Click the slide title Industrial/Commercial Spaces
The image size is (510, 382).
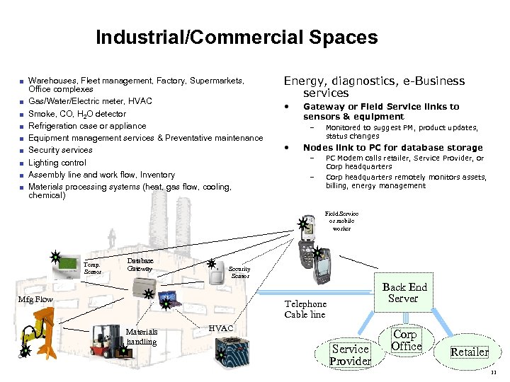[x=237, y=37]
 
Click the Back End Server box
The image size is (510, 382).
[x=404, y=292]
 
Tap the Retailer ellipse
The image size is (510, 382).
[x=470, y=352]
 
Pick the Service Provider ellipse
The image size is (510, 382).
[x=350, y=354]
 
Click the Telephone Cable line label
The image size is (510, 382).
[x=305, y=309]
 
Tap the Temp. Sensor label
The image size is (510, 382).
[x=92, y=268]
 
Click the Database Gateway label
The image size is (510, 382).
[x=140, y=265]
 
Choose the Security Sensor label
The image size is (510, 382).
[x=239, y=272]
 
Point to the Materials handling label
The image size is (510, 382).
[x=142, y=337]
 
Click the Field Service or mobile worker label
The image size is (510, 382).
[x=341, y=221]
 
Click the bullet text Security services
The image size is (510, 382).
[x=60, y=150]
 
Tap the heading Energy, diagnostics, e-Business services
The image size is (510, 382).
[x=374, y=87]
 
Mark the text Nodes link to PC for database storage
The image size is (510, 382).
[x=392, y=148]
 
